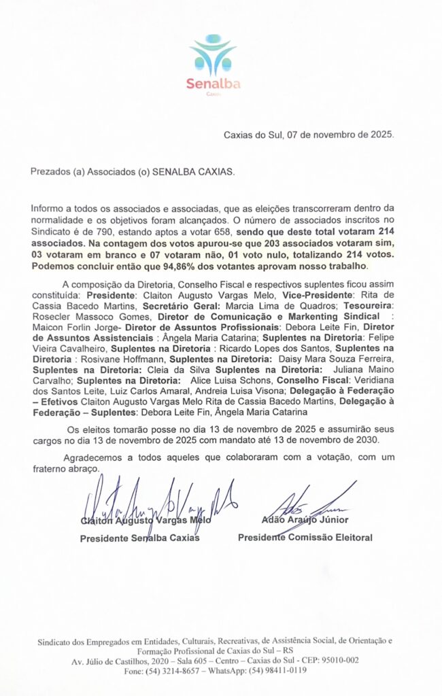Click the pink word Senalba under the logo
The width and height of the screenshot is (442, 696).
[x=213, y=84]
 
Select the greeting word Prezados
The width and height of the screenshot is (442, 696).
[x=50, y=172]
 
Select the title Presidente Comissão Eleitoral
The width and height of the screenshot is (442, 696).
[x=305, y=538]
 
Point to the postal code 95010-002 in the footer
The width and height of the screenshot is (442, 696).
[x=333, y=660]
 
